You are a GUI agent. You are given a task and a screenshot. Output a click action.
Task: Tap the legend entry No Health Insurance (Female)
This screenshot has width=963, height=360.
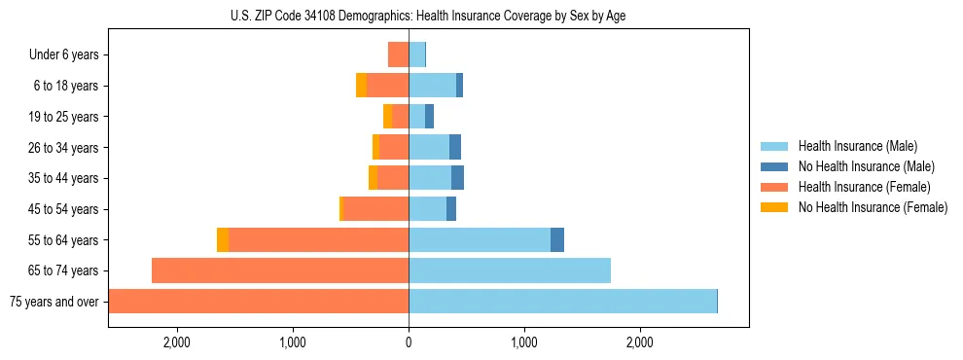(x=873, y=207)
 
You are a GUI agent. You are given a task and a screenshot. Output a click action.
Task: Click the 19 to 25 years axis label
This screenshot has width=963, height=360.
(x=63, y=117)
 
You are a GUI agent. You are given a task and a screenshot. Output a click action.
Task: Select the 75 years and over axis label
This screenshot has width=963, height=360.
(x=54, y=302)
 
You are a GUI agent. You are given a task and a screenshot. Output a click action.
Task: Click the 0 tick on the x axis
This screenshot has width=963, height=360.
(x=409, y=342)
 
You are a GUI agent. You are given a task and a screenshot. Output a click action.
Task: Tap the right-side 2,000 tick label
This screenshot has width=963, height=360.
(x=639, y=342)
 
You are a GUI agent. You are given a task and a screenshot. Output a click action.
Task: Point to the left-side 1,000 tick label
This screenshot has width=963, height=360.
(x=293, y=342)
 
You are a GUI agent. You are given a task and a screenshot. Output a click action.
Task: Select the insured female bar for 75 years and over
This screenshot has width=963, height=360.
(x=259, y=302)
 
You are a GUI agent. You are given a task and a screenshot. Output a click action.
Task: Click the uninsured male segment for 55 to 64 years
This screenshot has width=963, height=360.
(x=557, y=240)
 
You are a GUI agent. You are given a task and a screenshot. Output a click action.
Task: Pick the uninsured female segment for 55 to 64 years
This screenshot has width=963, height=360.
(x=223, y=240)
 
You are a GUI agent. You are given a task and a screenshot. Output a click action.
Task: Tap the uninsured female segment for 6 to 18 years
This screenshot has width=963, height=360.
(x=362, y=86)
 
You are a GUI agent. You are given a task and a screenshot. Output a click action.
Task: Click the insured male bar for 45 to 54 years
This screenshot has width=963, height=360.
(x=427, y=209)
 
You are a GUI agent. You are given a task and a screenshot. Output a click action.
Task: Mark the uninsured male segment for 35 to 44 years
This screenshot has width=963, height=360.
(x=457, y=178)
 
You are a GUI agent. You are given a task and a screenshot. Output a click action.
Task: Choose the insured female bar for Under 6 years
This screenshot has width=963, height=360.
(x=398, y=54)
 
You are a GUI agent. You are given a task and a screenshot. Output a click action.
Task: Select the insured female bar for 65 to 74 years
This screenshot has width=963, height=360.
(x=280, y=270)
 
